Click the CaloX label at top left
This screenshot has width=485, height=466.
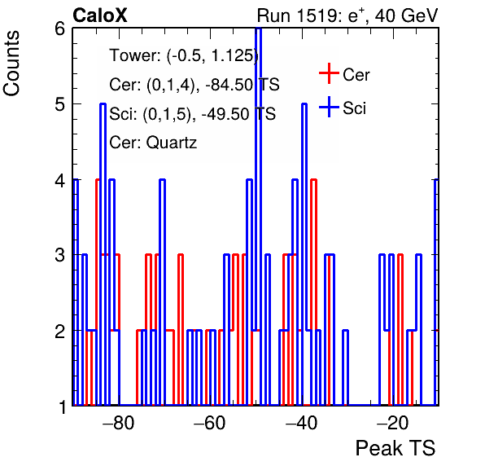[x=100, y=15]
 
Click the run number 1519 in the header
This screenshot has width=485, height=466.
[x=317, y=15]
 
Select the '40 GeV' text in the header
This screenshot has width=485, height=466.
[x=406, y=15]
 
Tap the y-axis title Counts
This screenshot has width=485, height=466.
[x=11, y=64]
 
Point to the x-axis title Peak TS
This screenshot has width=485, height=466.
[x=395, y=448]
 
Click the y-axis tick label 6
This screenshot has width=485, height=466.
[x=59, y=29]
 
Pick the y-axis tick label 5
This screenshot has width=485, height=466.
[x=59, y=104]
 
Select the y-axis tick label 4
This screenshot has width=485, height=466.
[x=59, y=180]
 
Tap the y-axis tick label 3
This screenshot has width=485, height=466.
[x=59, y=256]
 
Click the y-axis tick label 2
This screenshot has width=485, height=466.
[x=59, y=331]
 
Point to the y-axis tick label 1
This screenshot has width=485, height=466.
[x=63, y=407]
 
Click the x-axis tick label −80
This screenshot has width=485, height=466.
[x=118, y=423]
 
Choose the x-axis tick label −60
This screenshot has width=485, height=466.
[x=210, y=423]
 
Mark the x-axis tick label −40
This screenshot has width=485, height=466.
[x=301, y=423]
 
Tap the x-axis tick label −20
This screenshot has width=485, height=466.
[x=393, y=423]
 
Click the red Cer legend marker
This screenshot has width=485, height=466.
[x=329, y=73]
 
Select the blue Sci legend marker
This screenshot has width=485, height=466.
[x=329, y=107]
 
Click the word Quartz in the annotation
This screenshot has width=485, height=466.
[x=172, y=143]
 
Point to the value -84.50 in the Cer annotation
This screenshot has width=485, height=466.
[x=229, y=85]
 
